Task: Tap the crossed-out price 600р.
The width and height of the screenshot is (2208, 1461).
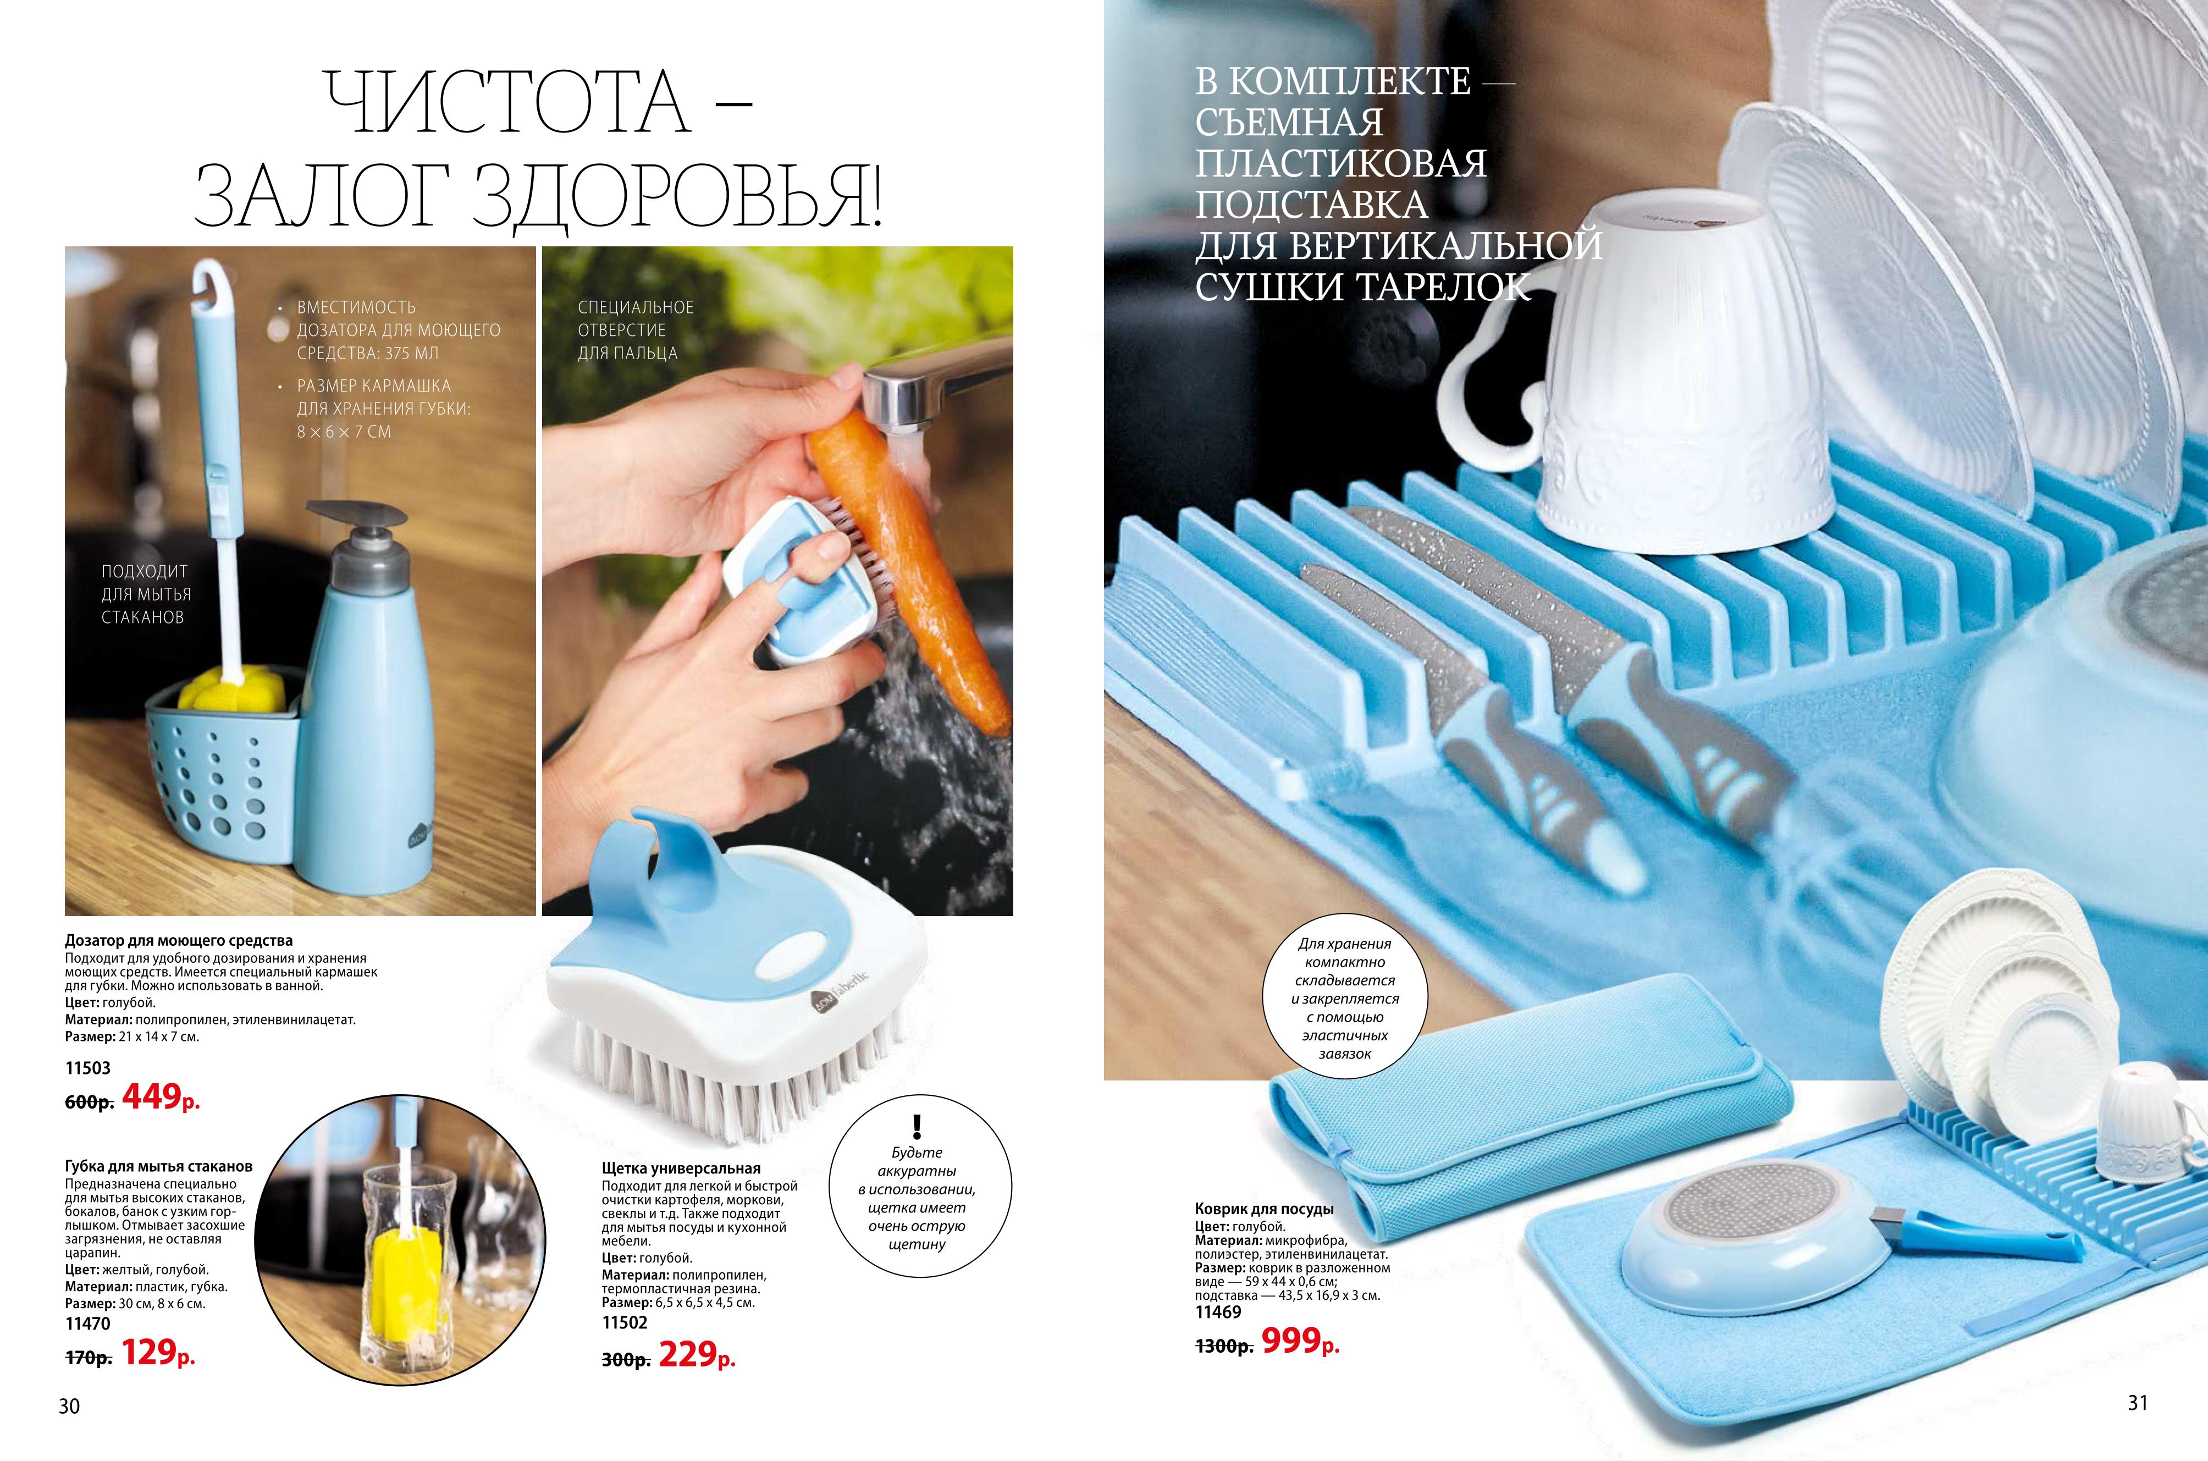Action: (89, 1101)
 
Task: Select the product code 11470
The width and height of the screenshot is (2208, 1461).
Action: (87, 1323)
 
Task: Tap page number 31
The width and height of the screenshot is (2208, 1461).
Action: (2138, 1402)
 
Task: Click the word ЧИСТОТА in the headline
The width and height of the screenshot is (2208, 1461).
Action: (509, 102)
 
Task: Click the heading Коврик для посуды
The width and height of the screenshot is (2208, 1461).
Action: (1264, 1209)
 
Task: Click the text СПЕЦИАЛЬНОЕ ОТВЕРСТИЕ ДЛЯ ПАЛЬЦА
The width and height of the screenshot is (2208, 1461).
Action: (636, 330)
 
